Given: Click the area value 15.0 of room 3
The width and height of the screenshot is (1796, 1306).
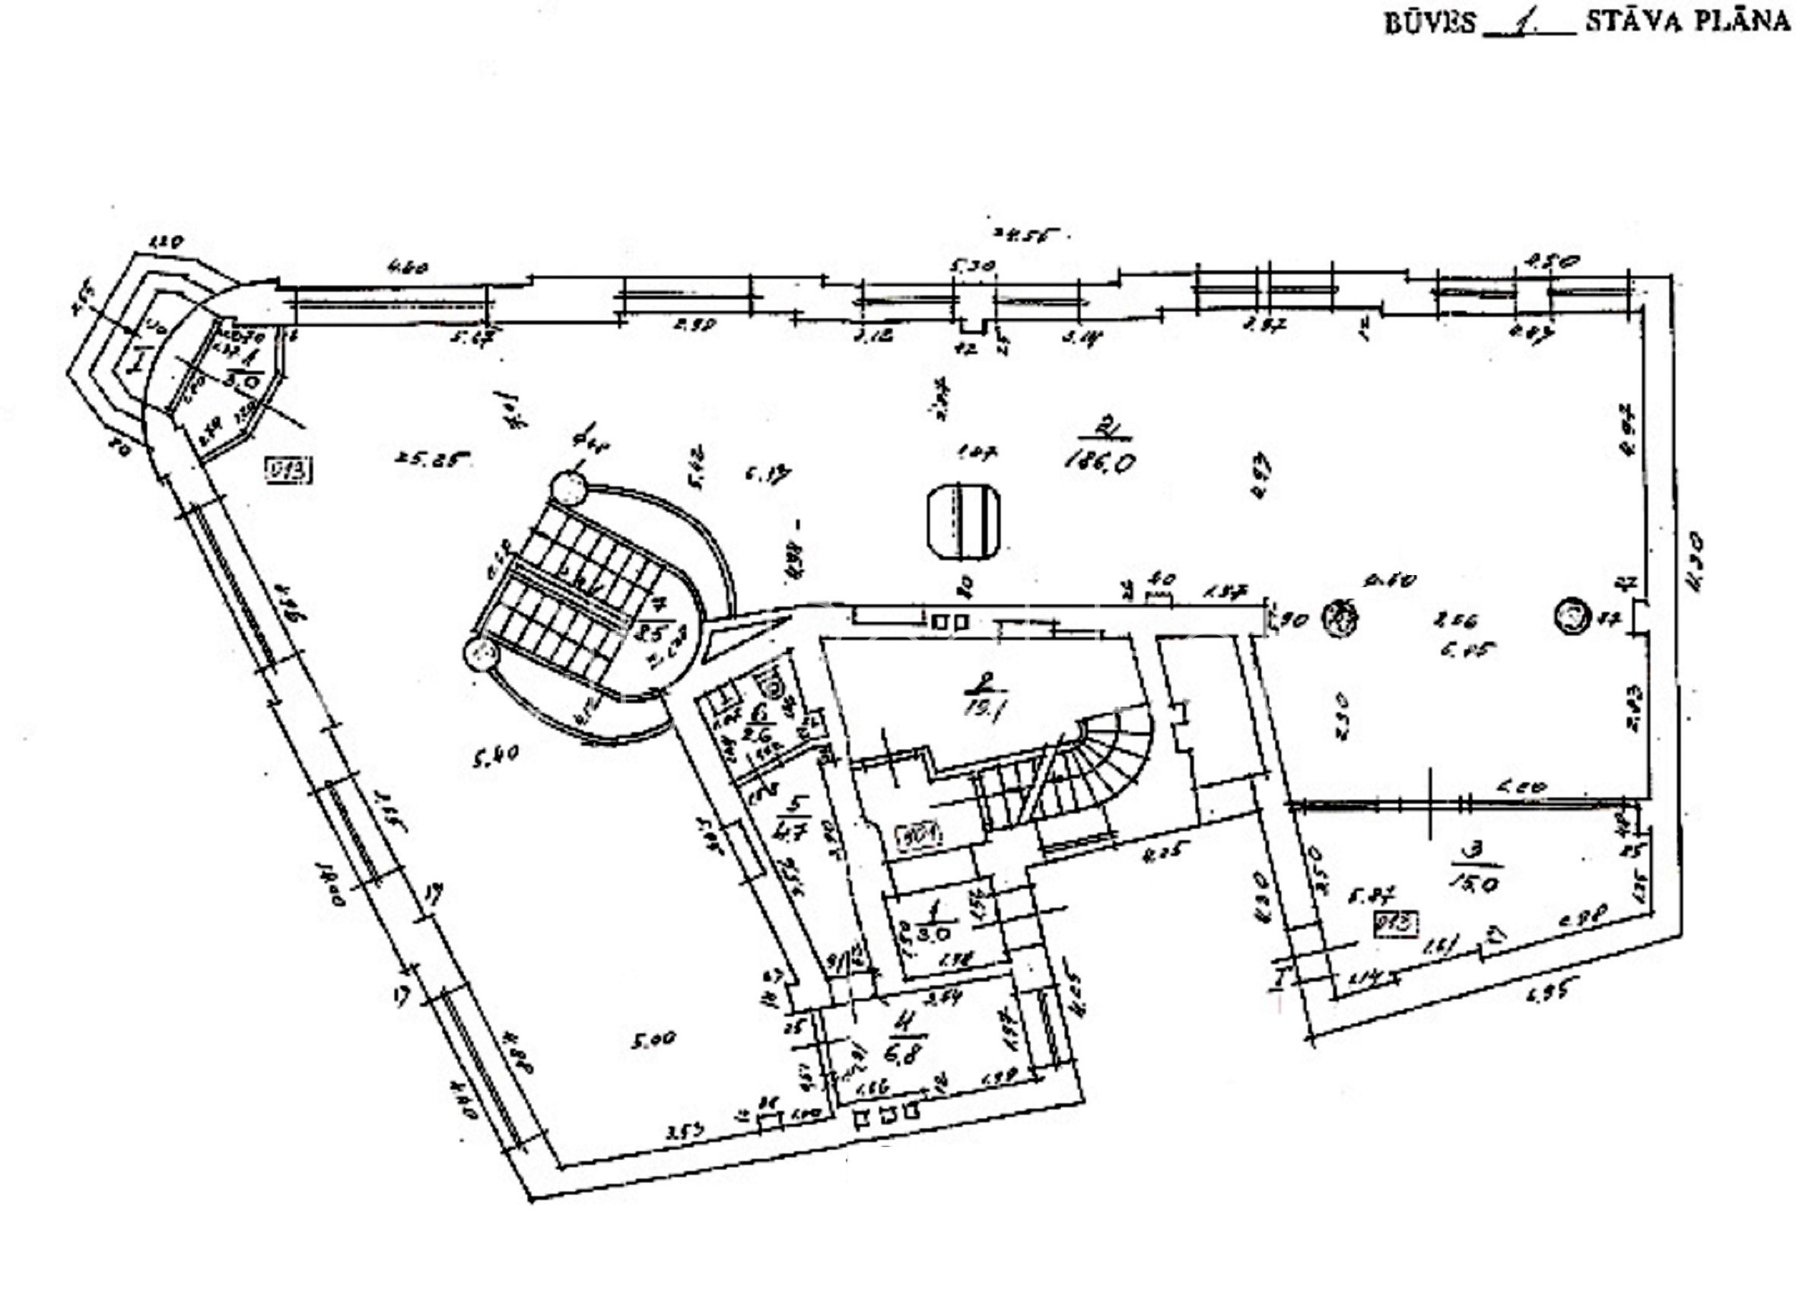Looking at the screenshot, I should pyautogui.click(x=1474, y=881).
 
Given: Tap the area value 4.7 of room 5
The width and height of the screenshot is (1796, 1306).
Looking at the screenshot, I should pyautogui.click(x=792, y=832).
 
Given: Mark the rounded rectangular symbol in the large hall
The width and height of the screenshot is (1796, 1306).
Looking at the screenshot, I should pyautogui.click(x=964, y=520).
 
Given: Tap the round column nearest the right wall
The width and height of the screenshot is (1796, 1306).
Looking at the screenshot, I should pyautogui.click(x=1572, y=615).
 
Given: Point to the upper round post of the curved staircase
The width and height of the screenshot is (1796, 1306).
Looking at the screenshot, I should pyautogui.click(x=568, y=488).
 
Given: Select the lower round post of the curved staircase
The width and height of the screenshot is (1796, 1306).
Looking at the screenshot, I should pyautogui.click(x=481, y=653).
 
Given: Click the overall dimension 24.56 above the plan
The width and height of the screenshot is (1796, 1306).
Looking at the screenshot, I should pyautogui.click(x=1028, y=234).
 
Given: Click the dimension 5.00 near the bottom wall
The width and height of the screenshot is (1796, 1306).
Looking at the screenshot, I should pyautogui.click(x=653, y=1038).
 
